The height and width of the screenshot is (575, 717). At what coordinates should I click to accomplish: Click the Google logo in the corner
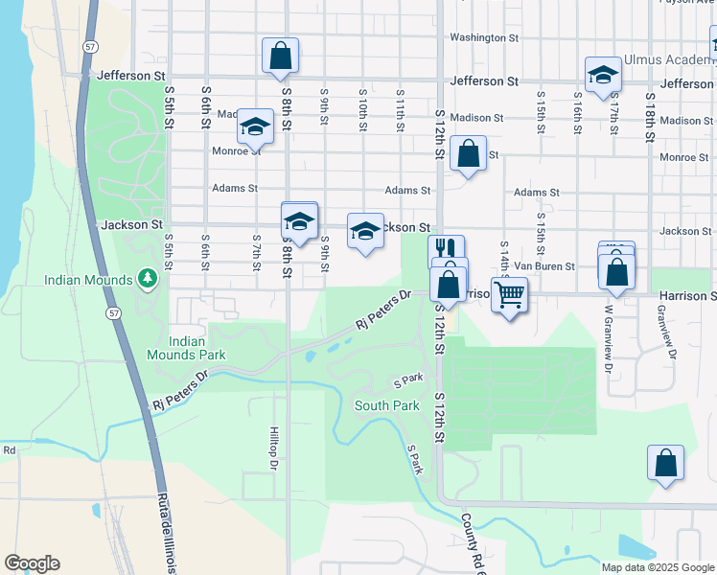tap(32, 563)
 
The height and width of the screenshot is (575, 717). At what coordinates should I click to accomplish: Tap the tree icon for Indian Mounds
tap(147, 279)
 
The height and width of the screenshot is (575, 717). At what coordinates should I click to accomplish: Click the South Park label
tap(386, 405)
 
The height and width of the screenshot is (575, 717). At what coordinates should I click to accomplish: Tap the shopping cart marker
tap(509, 294)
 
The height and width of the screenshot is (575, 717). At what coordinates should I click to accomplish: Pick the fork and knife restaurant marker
tap(446, 251)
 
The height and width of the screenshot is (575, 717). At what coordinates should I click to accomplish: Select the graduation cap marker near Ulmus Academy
tap(603, 75)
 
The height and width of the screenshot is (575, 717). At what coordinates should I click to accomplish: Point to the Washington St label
tap(483, 37)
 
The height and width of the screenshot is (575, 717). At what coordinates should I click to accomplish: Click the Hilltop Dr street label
tap(273, 448)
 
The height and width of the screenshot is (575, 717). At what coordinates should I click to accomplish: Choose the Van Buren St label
tap(544, 266)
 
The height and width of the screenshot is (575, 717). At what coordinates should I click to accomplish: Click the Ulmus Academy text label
tap(668, 60)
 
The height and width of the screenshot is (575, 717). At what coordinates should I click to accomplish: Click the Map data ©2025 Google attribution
tap(657, 567)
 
